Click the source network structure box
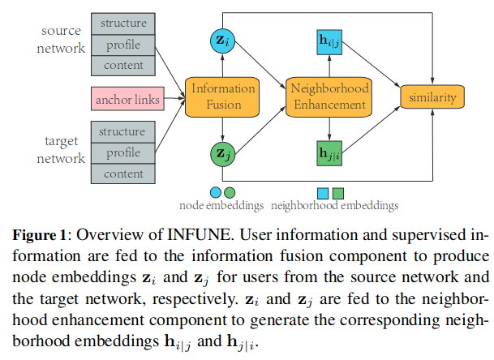[123, 24]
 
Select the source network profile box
[123, 44]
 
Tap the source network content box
[123, 65]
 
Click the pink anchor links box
[126, 99]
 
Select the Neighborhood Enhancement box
[329, 97]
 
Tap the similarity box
[434, 97]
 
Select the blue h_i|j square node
[329, 40]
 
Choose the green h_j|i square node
[329, 152]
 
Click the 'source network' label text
[62, 39]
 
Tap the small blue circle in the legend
[216, 192]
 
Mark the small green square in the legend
[338, 192]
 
